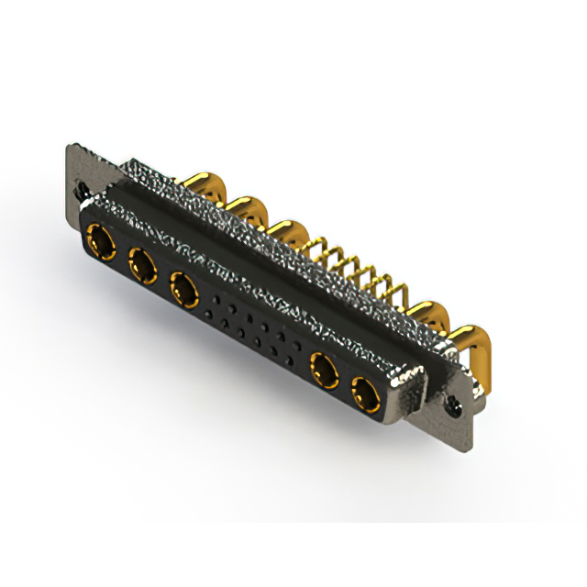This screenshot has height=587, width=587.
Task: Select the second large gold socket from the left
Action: (x=141, y=268)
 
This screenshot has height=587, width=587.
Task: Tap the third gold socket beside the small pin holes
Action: (x=184, y=291)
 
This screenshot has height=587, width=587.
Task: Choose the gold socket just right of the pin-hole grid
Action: (x=323, y=371)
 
